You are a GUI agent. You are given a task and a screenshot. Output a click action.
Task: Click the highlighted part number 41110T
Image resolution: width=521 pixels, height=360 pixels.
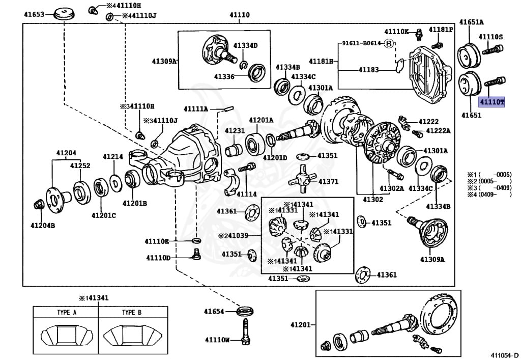491,102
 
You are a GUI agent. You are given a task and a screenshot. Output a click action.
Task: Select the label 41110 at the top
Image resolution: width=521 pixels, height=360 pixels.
239,15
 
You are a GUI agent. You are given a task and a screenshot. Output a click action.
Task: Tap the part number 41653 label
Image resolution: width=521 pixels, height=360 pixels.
34,14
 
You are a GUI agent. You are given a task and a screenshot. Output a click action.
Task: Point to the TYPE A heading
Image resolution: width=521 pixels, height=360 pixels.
67,312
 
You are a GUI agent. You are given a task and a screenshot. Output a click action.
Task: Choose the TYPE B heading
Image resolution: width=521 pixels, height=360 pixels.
131,312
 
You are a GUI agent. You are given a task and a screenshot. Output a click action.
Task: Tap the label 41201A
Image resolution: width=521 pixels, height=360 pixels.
261,120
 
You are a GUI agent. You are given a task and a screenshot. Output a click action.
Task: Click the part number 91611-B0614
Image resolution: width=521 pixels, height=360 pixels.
360,43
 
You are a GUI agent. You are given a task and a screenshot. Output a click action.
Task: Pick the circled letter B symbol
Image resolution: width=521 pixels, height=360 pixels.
389,43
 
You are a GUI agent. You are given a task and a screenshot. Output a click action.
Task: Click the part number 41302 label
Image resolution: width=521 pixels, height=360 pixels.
372,200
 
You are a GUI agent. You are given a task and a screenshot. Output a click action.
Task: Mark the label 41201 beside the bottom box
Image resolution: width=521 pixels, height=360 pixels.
301,324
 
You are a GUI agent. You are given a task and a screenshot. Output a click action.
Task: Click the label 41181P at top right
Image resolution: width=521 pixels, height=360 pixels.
440,30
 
